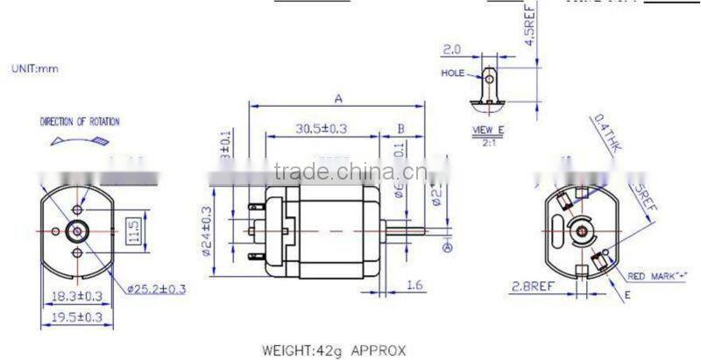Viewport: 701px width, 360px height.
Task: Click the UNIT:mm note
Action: coord(35,68)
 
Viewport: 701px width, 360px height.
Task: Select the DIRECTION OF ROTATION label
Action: coord(80,122)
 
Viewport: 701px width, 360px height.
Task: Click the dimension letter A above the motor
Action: coord(337,97)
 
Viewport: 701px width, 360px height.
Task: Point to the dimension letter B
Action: coord(400,129)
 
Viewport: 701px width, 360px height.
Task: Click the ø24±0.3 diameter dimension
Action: coord(207,230)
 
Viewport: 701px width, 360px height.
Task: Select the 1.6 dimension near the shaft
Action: coord(415,286)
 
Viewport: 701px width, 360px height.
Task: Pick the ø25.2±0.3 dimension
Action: coord(158,287)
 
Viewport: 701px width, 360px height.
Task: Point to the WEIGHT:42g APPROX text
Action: coord(334,350)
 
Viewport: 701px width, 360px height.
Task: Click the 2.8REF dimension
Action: coord(532,286)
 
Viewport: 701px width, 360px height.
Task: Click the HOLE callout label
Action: coord(453,74)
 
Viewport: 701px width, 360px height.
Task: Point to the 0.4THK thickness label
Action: coord(605,135)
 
